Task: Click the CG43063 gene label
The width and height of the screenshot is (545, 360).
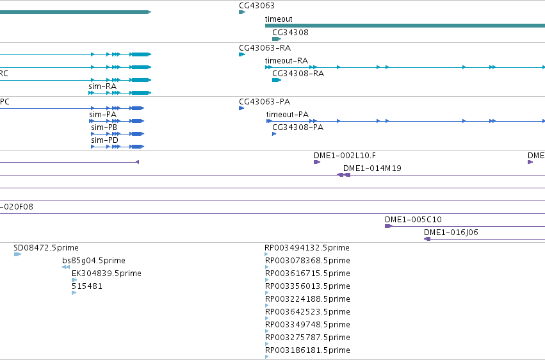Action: (x=257, y=6)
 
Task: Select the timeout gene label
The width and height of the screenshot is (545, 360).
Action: (x=279, y=19)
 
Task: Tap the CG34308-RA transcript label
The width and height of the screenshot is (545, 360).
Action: (x=298, y=74)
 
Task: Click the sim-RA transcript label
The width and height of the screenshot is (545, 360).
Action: (x=102, y=86)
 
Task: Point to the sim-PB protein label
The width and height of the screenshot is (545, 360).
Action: (x=104, y=127)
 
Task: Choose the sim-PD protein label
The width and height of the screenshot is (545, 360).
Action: (x=104, y=140)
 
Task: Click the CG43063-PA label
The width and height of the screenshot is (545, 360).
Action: (x=264, y=102)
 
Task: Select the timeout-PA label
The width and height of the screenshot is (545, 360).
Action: (x=288, y=115)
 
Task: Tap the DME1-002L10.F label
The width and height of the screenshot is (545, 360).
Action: (x=345, y=156)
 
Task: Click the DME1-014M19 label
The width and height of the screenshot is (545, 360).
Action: (x=372, y=168)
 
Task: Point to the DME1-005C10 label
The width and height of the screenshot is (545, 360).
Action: (x=413, y=220)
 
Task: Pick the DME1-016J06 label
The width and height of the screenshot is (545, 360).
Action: (x=451, y=233)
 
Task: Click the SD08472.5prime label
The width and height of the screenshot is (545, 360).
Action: (x=46, y=248)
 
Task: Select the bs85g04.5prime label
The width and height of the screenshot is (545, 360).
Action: (x=94, y=261)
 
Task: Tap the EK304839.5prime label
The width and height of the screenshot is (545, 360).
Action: (x=106, y=274)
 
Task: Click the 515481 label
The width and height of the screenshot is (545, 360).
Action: (x=87, y=286)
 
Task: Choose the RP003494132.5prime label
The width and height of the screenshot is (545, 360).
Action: (x=307, y=248)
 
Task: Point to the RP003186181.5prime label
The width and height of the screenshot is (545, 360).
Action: (x=307, y=350)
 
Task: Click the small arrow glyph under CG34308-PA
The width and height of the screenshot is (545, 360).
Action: (x=274, y=134)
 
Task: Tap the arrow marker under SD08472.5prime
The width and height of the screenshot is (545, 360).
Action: (x=17, y=254)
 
